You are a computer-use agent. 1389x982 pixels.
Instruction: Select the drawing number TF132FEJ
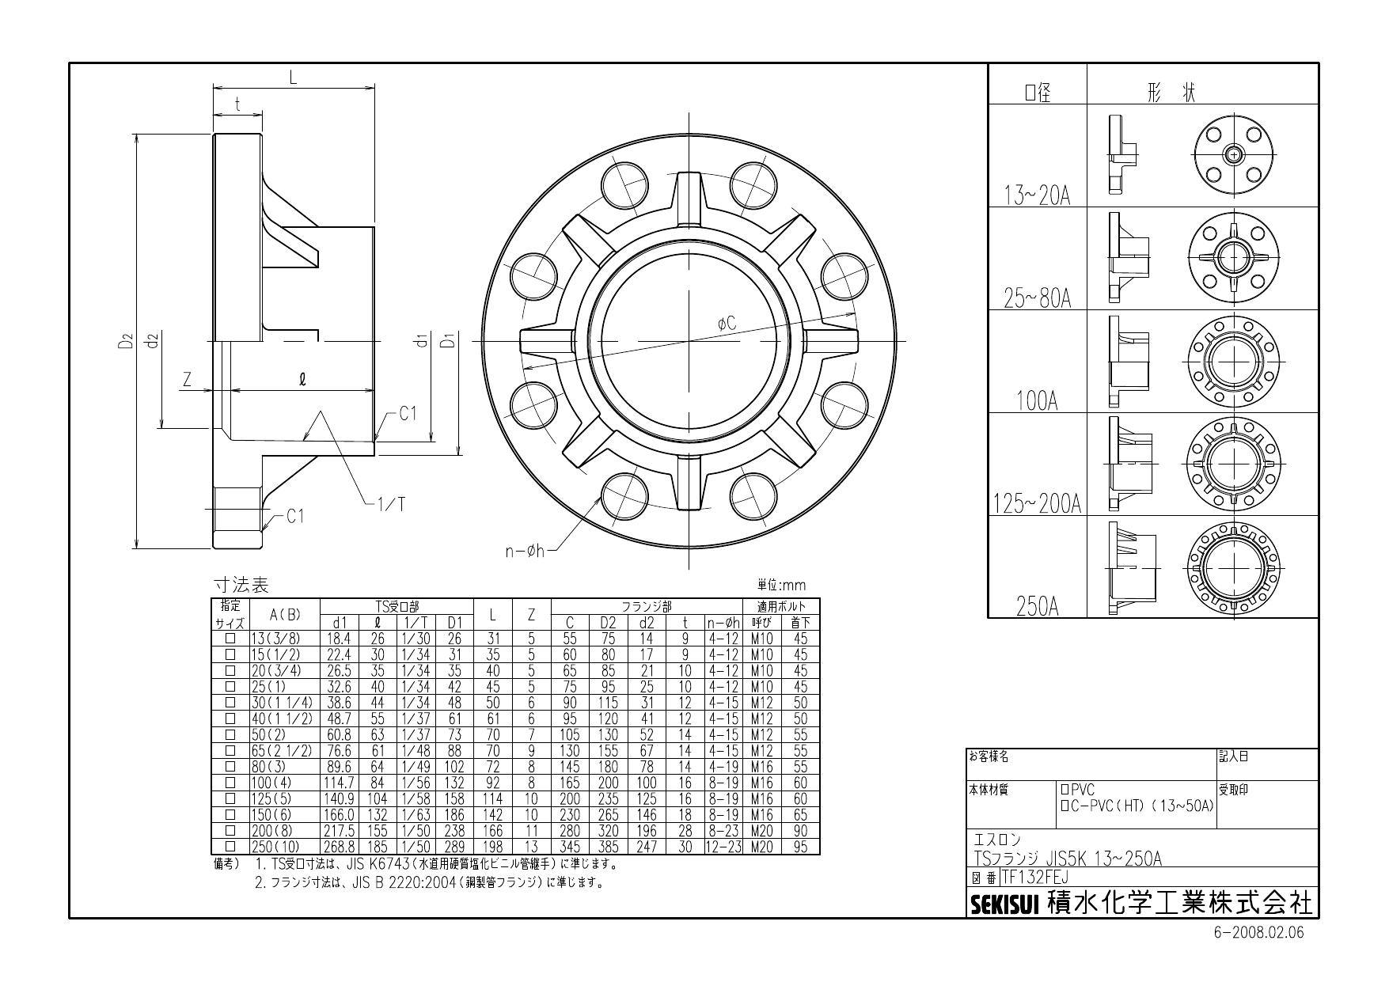tap(1034, 878)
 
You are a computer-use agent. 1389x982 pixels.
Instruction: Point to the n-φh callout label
tap(526, 551)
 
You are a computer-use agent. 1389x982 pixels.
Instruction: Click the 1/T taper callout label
tap(391, 504)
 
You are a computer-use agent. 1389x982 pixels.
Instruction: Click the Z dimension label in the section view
tap(188, 380)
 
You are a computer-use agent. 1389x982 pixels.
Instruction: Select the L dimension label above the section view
tap(293, 77)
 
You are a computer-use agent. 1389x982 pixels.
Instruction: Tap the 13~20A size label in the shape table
tap(1037, 195)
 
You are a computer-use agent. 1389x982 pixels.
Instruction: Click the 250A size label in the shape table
tap(1037, 607)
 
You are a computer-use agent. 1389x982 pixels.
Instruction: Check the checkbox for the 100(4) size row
tap(230, 782)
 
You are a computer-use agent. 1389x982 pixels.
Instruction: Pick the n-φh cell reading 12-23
tap(723, 847)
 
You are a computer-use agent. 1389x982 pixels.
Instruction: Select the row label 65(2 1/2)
tap(283, 750)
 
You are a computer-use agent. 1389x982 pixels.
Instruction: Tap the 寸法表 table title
tap(241, 586)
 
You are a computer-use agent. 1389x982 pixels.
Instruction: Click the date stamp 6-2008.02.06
tap(1258, 932)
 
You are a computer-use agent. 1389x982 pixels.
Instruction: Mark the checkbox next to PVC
tap(1065, 790)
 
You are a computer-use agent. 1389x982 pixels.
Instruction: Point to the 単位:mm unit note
tap(781, 586)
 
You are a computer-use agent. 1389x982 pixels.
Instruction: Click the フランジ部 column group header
tap(646, 607)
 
